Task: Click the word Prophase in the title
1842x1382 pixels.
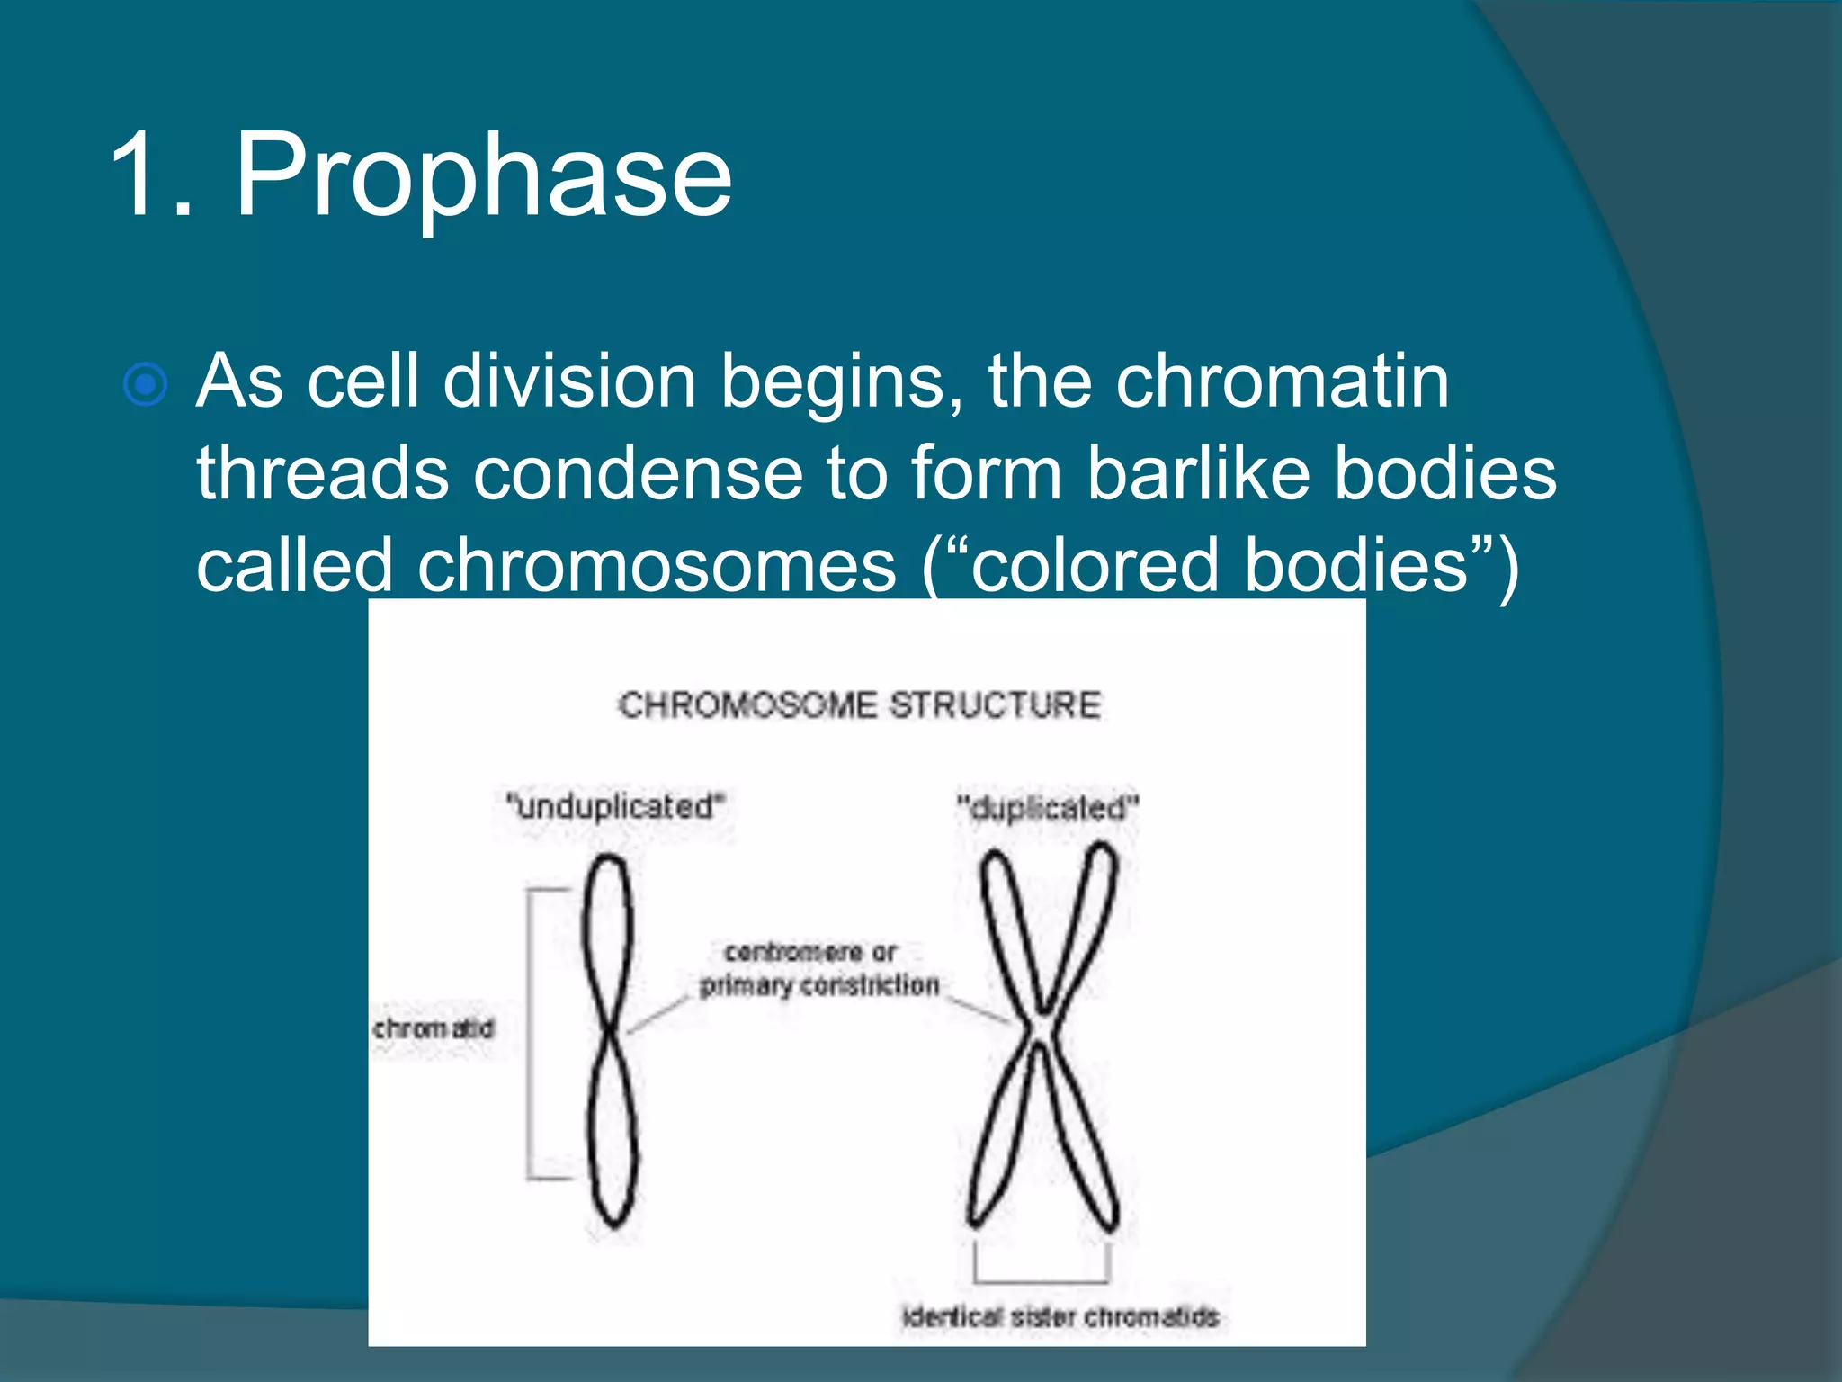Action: [x=483, y=175]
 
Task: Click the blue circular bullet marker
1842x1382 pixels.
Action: [x=145, y=385]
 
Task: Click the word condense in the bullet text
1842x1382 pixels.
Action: [x=638, y=474]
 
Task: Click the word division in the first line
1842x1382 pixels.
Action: [x=569, y=381]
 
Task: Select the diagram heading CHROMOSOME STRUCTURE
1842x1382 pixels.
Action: [x=860, y=704]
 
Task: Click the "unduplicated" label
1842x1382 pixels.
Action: [x=615, y=806]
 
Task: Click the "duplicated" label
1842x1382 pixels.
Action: [x=1048, y=808]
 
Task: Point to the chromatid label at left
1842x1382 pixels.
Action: [x=434, y=1028]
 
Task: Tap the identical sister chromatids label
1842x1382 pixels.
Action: [x=1060, y=1317]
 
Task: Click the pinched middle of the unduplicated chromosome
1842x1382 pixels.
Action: [x=612, y=1031]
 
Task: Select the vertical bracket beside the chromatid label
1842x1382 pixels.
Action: [x=530, y=1033]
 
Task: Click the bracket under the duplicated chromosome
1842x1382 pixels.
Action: [x=1042, y=1278]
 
